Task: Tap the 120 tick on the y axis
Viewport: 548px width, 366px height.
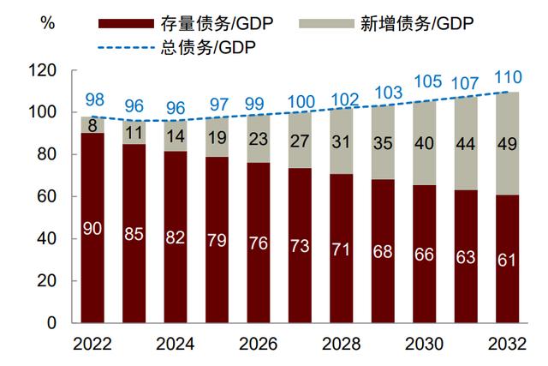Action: click(41, 70)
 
